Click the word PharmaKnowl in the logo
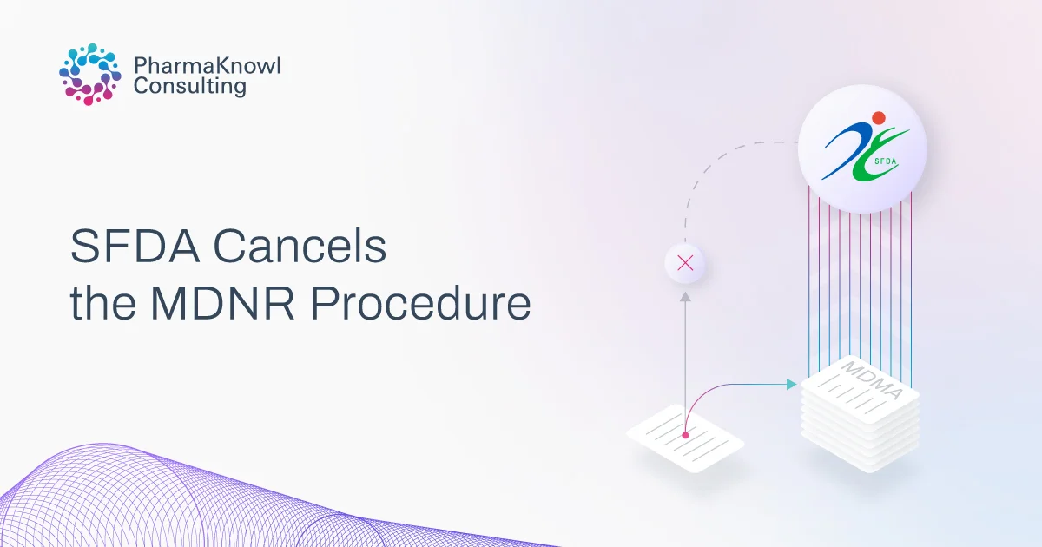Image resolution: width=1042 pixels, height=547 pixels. (x=208, y=65)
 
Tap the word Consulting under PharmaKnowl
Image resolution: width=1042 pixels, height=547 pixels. (x=190, y=87)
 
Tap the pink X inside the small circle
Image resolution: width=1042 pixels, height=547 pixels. (x=684, y=264)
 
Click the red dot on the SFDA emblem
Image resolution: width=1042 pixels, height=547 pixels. (x=879, y=118)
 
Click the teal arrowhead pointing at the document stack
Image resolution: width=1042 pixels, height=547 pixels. (x=791, y=384)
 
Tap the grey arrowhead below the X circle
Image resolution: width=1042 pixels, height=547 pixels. (x=684, y=297)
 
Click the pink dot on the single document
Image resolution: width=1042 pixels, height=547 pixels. (x=685, y=434)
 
